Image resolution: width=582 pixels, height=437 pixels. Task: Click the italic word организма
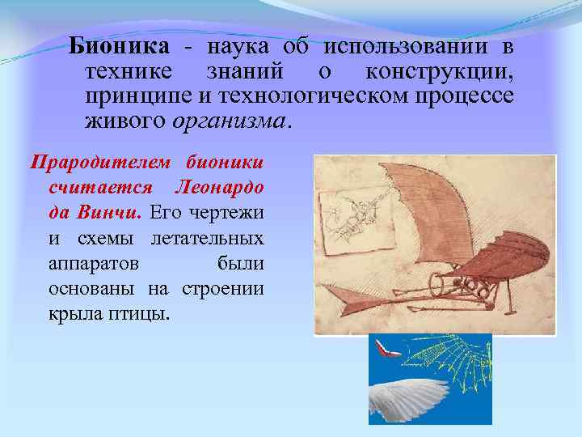(x=228, y=121)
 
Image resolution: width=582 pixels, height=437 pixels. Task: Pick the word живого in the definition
(x=124, y=121)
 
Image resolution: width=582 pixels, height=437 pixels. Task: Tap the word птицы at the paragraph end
(x=138, y=314)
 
